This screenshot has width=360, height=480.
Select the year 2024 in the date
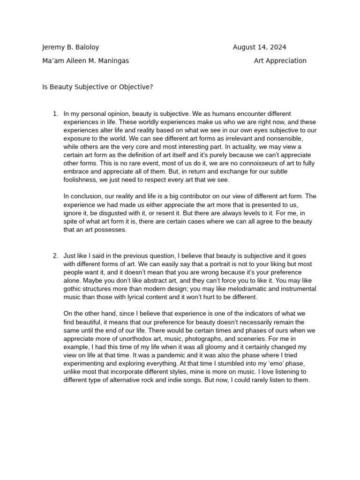pyautogui.click(x=278, y=47)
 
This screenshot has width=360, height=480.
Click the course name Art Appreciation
pyautogui.click(x=280, y=61)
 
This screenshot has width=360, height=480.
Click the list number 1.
pyautogui.click(x=55, y=114)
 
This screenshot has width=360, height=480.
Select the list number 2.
pyautogui.click(x=55, y=255)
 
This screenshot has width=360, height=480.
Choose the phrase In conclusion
pyautogui.click(x=82, y=196)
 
